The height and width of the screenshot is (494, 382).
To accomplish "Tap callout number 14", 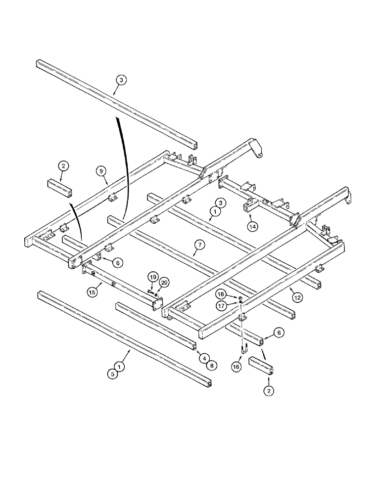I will pos(253,227).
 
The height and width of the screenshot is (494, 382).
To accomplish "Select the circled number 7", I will pos(198,244).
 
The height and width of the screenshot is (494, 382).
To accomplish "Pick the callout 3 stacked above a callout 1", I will pos(222,203).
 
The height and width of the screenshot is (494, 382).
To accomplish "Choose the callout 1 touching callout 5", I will pos(119,366).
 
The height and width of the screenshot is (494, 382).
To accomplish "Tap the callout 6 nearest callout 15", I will pos(118,264).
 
